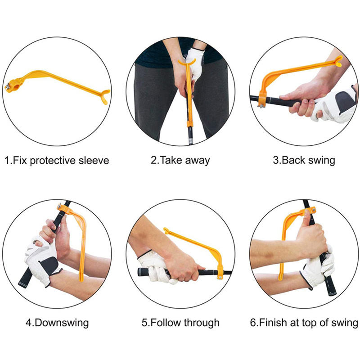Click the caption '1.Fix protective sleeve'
click(57, 161)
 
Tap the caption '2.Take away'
click(180, 161)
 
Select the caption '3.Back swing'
click(304, 161)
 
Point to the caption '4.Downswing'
click(57, 323)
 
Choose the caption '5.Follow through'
click(180, 323)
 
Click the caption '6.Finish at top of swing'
click(304, 323)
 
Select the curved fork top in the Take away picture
click(187, 62)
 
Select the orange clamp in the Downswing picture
click(63, 208)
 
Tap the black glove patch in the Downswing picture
click(50, 265)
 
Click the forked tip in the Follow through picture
click(167, 231)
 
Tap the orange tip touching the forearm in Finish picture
click(280, 276)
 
